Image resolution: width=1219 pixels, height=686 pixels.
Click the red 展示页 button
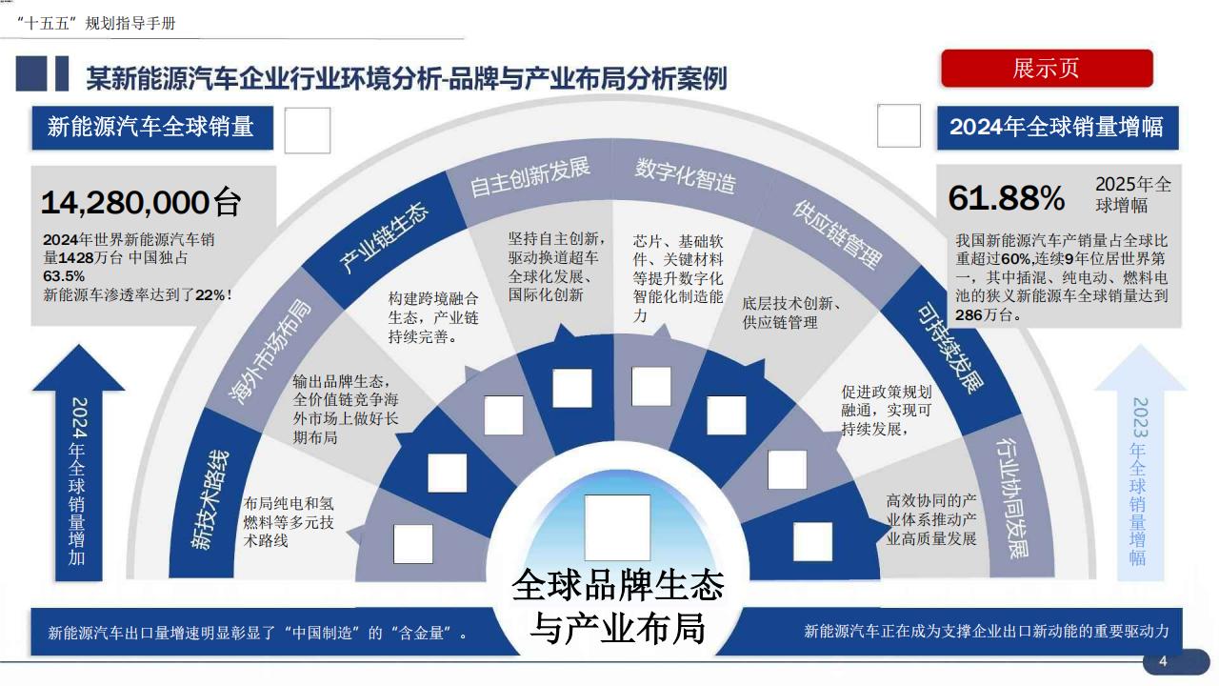1047,69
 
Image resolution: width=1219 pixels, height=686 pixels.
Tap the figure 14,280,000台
141,202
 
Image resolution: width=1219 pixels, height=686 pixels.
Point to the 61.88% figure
1007,198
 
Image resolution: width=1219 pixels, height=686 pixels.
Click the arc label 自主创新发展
530,176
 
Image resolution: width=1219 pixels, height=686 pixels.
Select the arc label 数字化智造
685,174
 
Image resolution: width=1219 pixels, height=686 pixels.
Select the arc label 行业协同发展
1011,496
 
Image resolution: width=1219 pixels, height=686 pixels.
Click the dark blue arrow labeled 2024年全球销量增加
78,467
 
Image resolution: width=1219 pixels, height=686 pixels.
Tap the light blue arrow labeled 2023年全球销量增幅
1139,467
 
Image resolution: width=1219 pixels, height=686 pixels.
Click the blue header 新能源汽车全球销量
150,127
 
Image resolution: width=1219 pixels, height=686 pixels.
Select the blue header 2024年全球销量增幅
1056,128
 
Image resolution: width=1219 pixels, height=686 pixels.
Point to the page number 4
1162,661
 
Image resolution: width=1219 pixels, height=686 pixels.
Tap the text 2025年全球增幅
1133,194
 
